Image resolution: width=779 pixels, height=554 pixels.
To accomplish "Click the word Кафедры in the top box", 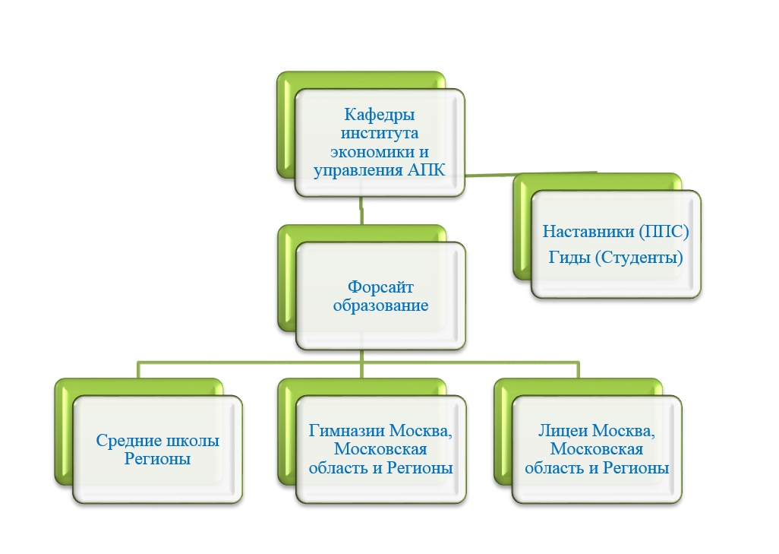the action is tap(380, 116).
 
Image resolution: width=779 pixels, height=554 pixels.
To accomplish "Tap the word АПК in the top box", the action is tap(426, 170).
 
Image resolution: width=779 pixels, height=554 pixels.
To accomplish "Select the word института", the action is tap(380, 133).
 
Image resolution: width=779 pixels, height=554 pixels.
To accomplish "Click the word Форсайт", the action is tap(380, 287).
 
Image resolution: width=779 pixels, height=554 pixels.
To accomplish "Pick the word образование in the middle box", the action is tap(380, 305).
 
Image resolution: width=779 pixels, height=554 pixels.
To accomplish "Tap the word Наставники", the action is tap(588, 231).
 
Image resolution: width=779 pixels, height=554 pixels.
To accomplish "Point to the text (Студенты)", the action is tap(639, 258).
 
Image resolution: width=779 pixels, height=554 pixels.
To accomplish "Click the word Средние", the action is tap(129, 441).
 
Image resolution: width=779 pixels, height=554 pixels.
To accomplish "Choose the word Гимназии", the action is tap(347, 431).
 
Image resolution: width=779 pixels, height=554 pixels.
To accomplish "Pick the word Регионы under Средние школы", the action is tap(157, 459).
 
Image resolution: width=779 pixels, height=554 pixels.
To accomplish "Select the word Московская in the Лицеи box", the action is tap(597, 449).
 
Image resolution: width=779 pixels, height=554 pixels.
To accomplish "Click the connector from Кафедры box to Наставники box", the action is tap(530, 174).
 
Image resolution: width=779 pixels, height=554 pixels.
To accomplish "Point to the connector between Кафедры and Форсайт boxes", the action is tap(361, 210).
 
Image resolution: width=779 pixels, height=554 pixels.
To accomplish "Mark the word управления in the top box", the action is tap(358, 170).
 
